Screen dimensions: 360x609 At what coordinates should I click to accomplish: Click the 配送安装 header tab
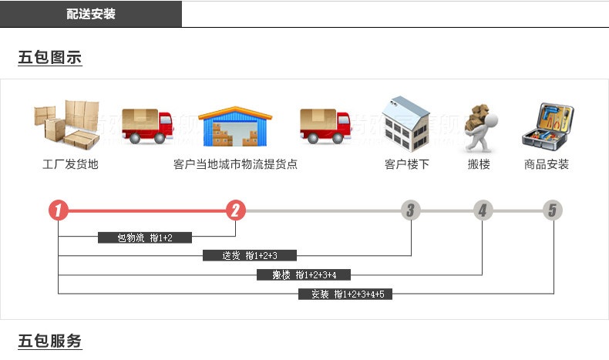tap(91, 14)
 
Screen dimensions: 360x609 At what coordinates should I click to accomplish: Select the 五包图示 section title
tap(49, 58)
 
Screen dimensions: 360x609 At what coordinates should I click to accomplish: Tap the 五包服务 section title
tap(49, 341)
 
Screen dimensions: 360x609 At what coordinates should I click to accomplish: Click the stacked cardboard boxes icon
tap(66, 123)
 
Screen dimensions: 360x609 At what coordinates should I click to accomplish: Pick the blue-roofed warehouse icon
tap(236, 126)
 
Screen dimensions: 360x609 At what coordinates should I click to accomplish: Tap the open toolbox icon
tap(549, 126)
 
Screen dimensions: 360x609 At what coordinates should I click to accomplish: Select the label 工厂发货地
tap(70, 164)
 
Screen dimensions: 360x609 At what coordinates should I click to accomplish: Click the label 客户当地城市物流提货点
tap(235, 164)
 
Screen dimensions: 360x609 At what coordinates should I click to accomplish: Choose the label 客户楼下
tap(406, 164)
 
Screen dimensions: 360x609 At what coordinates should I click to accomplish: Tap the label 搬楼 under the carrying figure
tap(479, 164)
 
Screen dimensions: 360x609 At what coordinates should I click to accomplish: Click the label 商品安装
tap(547, 164)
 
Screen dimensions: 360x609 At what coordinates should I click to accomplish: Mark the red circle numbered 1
tap(59, 210)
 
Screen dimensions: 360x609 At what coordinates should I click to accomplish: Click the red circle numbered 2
tap(236, 210)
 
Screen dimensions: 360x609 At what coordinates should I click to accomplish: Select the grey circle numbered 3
tap(411, 210)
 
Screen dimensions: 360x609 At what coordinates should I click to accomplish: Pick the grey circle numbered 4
tap(483, 210)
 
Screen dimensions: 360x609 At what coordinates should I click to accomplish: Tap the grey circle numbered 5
tap(552, 210)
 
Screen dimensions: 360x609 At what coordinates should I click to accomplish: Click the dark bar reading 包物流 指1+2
tap(144, 237)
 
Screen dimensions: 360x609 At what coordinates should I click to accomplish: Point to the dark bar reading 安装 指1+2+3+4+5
tap(345, 294)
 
